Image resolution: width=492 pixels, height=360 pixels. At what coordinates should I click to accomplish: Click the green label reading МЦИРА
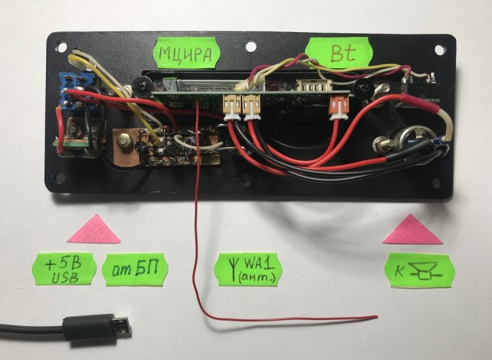click(x=186, y=52)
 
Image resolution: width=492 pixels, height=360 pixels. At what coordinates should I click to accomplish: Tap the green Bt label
click(x=338, y=52)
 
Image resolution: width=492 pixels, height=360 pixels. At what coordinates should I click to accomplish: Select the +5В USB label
click(x=64, y=269)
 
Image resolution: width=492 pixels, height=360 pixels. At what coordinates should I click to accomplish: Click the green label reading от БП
click(x=135, y=270)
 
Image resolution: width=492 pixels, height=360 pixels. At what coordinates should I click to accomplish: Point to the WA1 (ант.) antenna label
click(x=248, y=269)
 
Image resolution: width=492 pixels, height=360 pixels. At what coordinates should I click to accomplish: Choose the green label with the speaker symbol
click(x=420, y=270)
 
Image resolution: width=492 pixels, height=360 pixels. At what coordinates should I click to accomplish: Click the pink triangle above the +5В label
click(x=94, y=230)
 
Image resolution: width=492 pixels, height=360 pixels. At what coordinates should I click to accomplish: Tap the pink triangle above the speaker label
click(x=413, y=230)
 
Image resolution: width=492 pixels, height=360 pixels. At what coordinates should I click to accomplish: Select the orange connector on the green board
click(x=338, y=108)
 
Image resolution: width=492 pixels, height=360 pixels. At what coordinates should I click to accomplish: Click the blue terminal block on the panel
click(x=75, y=90)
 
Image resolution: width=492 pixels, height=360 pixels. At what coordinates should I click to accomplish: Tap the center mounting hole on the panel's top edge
click(x=251, y=47)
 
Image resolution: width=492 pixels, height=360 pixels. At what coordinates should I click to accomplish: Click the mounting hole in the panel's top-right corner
click(x=440, y=50)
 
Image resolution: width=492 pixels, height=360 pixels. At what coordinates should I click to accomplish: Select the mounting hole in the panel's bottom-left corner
click(x=60, y=178)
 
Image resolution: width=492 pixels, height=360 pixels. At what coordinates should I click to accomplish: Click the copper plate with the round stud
click(x=125, y=146)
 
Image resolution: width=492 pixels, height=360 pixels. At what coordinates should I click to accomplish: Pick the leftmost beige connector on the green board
click(x=232, y=108)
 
